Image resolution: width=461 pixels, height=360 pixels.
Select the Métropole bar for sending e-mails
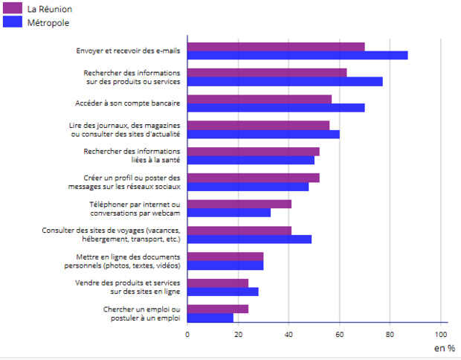coord(297,55)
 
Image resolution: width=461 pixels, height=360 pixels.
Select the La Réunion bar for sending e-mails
coord(276,47)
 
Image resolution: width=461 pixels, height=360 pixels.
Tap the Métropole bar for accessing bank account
coord(276,108)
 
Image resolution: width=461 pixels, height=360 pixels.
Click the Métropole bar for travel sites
coord(249,239)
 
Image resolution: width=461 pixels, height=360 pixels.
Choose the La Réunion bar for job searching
coord(218,309)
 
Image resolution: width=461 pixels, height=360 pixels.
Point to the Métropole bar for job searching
coord(210,318)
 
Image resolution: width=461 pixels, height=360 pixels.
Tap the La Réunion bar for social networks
coord(254,178)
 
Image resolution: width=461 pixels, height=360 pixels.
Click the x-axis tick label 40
coord(288,334)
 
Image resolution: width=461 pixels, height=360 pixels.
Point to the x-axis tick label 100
coord(442,334)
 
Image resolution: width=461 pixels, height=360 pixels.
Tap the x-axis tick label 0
coord(187,334)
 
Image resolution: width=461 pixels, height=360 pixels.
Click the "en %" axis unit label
coord(444,347)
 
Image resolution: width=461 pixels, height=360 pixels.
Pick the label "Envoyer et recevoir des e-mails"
coord(128,51)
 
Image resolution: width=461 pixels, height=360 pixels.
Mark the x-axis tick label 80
coord(390,334)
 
